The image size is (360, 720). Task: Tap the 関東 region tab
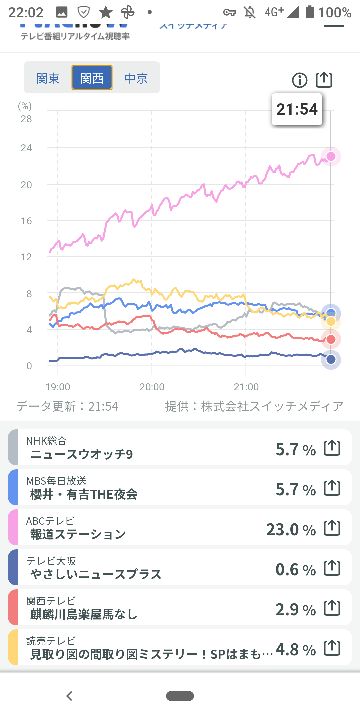(x=48, y=78)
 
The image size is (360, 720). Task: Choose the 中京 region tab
(x=136, y=78)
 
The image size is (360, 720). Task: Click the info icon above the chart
(x=300, y=80)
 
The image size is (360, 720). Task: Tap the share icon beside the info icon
(x=324, y=80)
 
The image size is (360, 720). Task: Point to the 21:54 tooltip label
(x=297, y=109)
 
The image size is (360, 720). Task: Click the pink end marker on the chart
(x=331, y=156)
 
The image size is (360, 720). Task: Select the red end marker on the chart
(x=331, y=339)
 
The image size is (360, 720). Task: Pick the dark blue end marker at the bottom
(x=331, y=359)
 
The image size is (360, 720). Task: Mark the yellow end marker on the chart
(x=331, y=321)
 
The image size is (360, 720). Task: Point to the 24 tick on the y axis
(x=26, y=148)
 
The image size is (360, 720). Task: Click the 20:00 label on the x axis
(x=152, y=387)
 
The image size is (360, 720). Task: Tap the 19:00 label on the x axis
(x=58, y=387)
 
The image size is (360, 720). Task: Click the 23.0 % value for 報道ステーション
(x=291, y=530)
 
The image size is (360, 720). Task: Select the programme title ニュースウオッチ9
(x=82, y=454)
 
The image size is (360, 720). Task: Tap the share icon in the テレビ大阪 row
(x=332, y=568)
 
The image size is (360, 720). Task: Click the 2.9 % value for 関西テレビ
(x=295, y=610)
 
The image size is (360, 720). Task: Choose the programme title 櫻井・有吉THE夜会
(x=84, y=494)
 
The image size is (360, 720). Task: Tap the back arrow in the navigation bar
(x=69, y=696)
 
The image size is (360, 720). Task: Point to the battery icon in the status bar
(x=310, y=12)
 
